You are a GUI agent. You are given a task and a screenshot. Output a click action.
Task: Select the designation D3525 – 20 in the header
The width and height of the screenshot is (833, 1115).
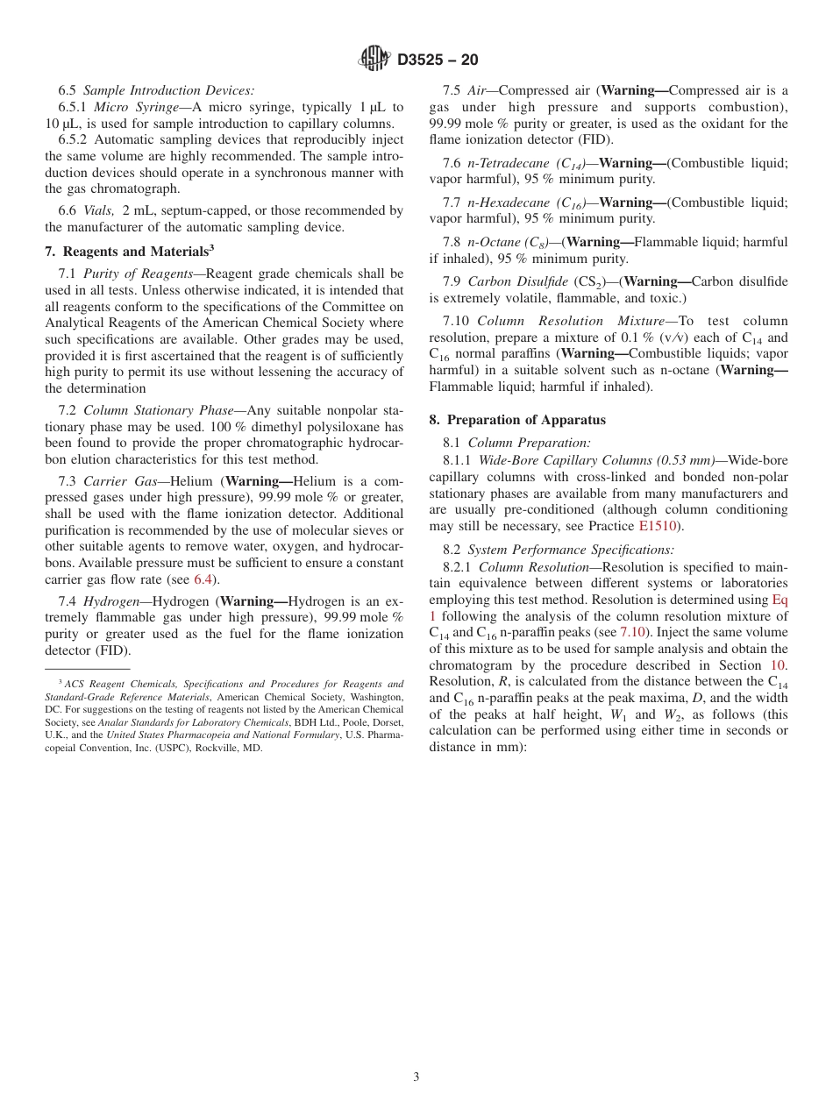coord(438,60)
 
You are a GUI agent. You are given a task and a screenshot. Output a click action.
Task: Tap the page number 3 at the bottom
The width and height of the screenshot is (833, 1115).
coord(416,1077)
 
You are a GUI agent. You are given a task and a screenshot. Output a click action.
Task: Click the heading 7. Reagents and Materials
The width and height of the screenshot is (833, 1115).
coord(130,251)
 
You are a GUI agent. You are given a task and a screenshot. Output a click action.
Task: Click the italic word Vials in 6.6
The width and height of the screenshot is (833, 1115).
coord(99,210)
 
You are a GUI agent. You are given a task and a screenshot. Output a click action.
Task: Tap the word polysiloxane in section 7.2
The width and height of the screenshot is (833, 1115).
coord(362,427)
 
